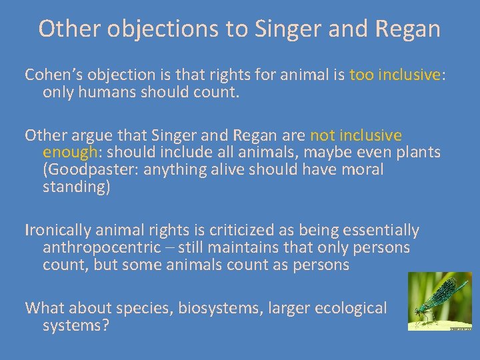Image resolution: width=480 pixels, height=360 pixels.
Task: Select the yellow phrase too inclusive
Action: click(394, 75)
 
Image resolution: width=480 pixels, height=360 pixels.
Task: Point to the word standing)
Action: click(75, 187)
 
